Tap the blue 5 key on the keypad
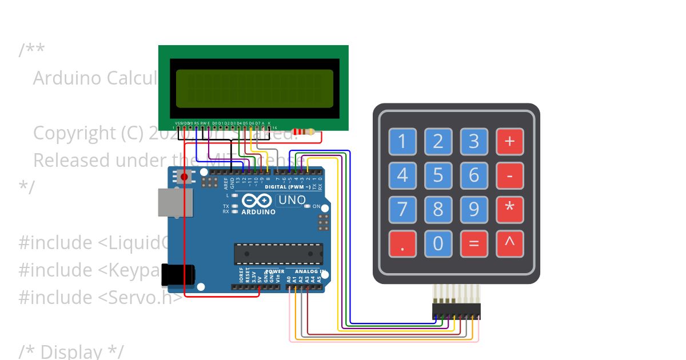[438, 175]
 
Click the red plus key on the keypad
[509, 141]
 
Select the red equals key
[474, 243]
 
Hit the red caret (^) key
[509, 243]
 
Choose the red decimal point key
[403, 243]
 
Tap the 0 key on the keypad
[438, 243]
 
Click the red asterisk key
[509, 209]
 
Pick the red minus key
[509, 175]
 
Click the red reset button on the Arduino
[184, 177]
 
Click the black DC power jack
[178, 275]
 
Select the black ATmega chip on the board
[278, 254]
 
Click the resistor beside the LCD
[303, 131]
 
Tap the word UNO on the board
[292, 201]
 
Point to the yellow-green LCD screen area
[254, 89]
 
